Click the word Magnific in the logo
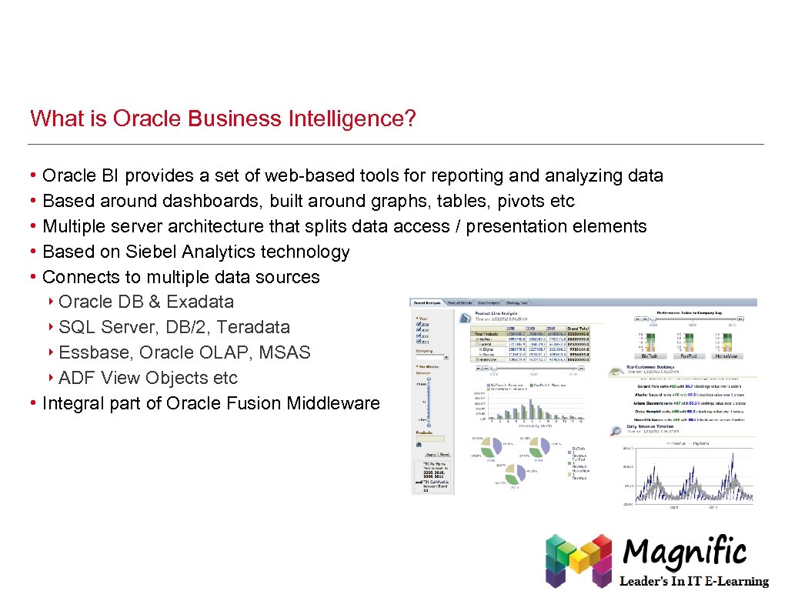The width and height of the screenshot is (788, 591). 685,553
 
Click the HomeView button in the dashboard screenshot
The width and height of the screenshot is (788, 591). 727,356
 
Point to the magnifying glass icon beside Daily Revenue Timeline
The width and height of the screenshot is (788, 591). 616,432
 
